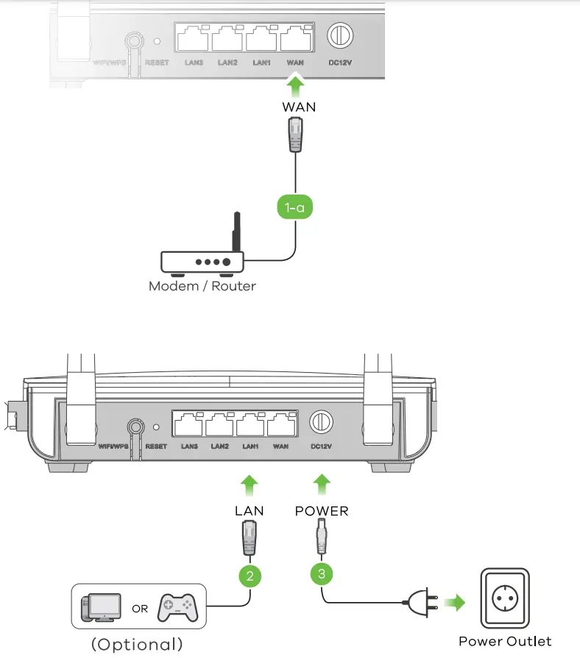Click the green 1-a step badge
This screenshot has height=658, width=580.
295,208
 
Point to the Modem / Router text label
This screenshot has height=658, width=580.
202,286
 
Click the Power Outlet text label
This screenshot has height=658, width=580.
504,641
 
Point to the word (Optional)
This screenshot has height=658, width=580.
136,644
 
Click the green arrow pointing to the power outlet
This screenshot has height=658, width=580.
456,604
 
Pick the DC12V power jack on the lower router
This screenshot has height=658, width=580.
319,422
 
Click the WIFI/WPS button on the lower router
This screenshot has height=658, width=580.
135,426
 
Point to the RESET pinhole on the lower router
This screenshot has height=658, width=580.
156,426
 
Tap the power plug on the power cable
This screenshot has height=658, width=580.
417,604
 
